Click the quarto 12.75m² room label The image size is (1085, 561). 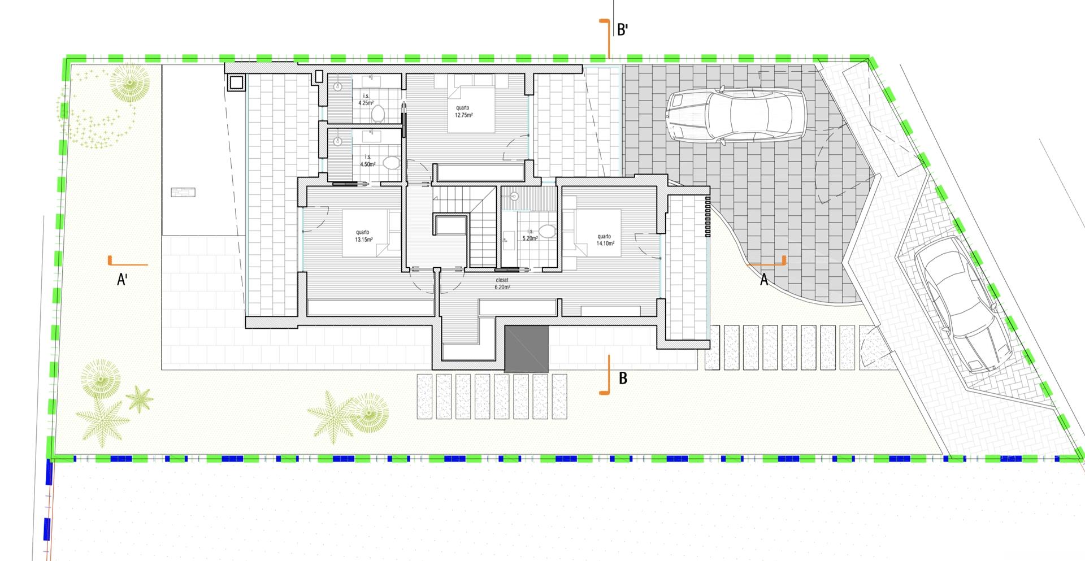[x=463, y=111]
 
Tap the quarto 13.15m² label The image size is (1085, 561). [x=363, y=236]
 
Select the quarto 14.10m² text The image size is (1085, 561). [x=604, y=240]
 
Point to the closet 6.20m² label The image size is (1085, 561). [x=502, y=284]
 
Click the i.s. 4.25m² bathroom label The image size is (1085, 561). [x=366, y=100]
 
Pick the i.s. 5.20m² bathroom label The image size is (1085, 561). [x=530, y=235]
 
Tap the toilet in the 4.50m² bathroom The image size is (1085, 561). [x=391, y=164]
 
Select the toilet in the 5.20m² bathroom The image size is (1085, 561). [x=546, y=231]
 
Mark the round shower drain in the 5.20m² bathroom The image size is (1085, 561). [x=514, y=197]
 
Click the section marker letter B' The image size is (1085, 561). [x=623, y=30]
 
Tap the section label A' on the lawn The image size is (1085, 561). [x=122, y=279]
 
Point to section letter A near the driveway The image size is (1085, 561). [x=764, y=279]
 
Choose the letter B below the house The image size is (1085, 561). [x=623, y=378]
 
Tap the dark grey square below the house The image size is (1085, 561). [x=527, y=349]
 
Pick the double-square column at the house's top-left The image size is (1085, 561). [x=237, y=83]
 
